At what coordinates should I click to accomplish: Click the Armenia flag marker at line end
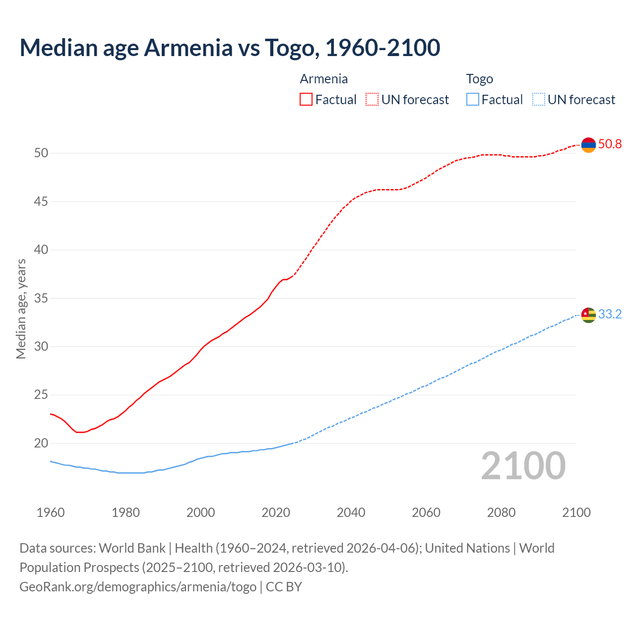point(588,145)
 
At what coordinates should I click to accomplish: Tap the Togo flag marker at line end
point(588,315)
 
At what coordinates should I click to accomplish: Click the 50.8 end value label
point(610,144)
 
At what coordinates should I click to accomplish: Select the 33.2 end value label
point(610,315)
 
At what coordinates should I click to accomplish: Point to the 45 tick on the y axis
point(41,201)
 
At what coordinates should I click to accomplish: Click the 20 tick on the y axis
point(41,443)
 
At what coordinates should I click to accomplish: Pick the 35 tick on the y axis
point(41,298)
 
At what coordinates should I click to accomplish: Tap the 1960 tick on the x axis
point(51,512)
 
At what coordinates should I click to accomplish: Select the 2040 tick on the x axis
point(351,512)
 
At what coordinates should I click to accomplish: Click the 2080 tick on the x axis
point(501,512)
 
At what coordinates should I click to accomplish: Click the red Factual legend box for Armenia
point(306,100)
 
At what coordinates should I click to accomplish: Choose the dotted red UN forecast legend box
point(372,100)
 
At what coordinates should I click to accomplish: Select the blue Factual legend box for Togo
point(473,100)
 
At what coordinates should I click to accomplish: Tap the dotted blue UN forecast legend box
point(539,100)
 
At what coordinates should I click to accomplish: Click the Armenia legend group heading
point(323,79)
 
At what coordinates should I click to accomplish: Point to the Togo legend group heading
point(479,79)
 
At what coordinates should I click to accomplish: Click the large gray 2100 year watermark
point(523,466)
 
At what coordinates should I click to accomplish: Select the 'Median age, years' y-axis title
point(21,309)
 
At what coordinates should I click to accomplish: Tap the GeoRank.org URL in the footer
point(138,587)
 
